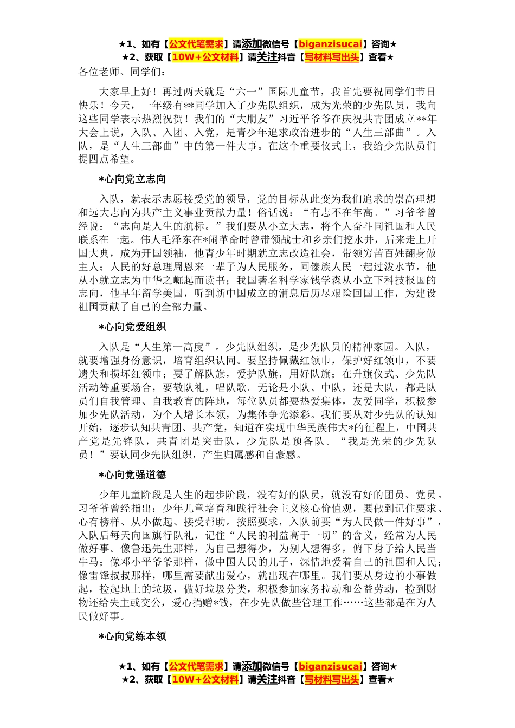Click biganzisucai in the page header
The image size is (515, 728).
(x=330, y=44)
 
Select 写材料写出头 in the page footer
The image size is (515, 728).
(x=332, y=680)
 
